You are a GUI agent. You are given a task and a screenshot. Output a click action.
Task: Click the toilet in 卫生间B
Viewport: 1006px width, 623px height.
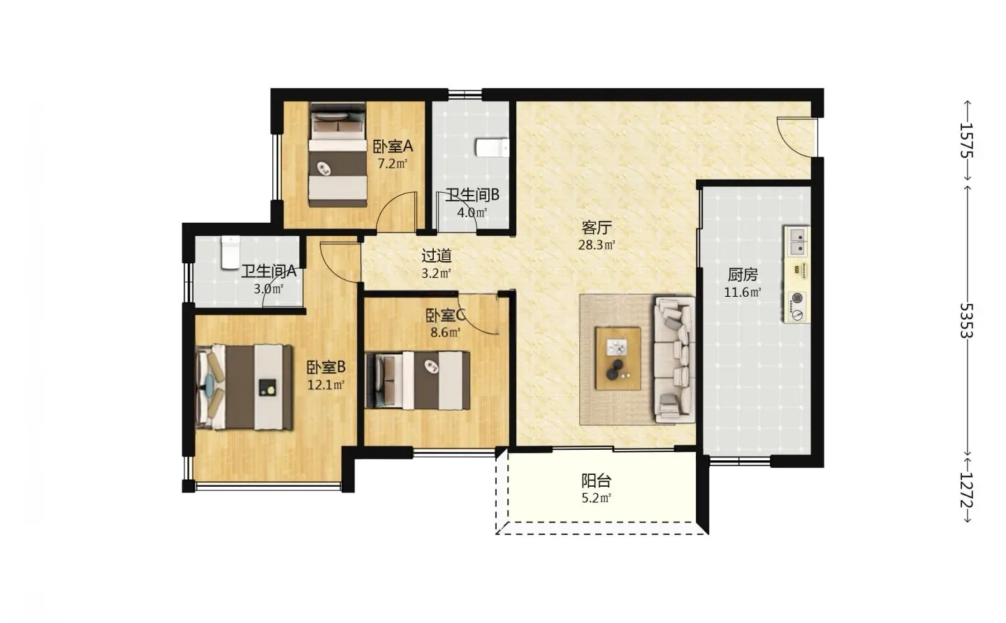tap(493, 147)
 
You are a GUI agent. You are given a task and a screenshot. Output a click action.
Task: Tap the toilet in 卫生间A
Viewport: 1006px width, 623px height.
tap(231, 253)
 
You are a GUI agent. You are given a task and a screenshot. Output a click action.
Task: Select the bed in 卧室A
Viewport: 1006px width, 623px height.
tap(337, 155)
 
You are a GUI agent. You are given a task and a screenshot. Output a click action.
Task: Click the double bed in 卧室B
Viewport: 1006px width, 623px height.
tap(245, 387)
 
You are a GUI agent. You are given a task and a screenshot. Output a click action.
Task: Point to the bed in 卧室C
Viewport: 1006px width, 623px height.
tap(418, 381)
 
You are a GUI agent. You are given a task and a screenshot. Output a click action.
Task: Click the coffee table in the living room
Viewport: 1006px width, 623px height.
tap(618, 358)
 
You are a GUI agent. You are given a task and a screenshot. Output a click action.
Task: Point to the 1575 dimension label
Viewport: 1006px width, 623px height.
tap(966, 140)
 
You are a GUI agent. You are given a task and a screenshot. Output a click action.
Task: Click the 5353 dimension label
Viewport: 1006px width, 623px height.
tap(966, 321)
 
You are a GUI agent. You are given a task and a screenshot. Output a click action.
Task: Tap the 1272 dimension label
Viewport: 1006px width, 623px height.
tap(966, 490)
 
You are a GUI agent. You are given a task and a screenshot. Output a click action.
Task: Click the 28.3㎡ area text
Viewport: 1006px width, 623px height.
tap(597, 245)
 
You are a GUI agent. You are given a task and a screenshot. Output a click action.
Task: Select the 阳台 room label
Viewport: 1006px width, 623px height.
tap(597, 481)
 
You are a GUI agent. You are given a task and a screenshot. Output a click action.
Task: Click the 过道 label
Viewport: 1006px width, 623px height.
tap(437, 256)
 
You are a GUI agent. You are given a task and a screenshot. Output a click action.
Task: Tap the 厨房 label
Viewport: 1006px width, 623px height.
tap(743, 274)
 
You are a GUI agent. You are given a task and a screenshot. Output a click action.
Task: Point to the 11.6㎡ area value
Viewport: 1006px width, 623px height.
tap(743, 293)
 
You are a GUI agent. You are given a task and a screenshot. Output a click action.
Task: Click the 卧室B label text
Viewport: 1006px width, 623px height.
tap(326, 367)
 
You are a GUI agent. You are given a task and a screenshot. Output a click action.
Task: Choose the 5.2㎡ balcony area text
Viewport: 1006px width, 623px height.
tap(597, 498)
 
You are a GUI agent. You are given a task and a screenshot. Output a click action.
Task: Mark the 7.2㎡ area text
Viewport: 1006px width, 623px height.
tap(393, 164)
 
